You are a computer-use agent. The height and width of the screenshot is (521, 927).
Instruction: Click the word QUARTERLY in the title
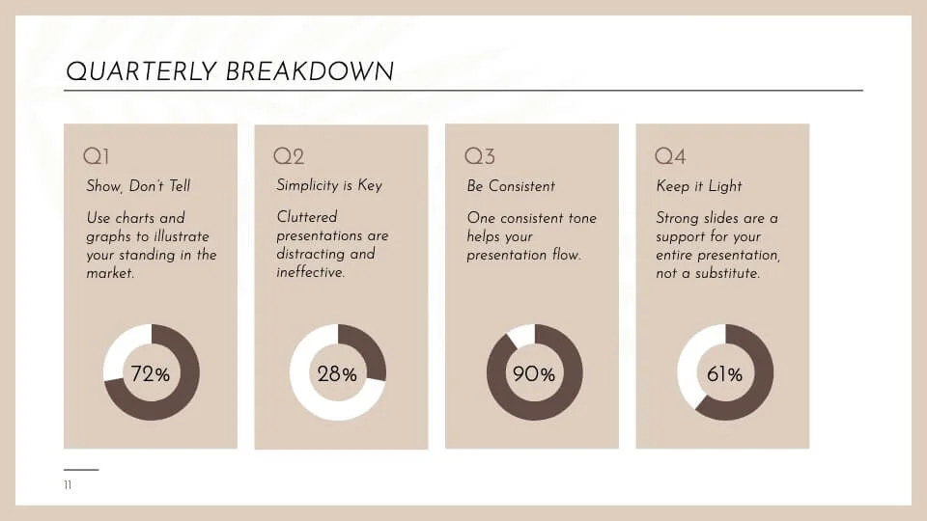[x=141, y=71]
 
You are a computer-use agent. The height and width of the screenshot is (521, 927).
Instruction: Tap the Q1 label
[x=97, y=156]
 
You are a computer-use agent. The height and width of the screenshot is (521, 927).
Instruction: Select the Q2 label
[x=289, y=156]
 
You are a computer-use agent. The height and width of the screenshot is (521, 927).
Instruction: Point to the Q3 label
[x=480, y=156]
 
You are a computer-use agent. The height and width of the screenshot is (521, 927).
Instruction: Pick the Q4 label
[x=670, y=156]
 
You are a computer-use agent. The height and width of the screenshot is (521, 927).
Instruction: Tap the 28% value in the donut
[x=337, y=374]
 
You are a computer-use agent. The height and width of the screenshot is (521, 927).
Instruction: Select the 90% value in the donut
[x=534, y=374]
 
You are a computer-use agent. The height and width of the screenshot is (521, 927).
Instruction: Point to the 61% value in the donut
[x=724, y=374]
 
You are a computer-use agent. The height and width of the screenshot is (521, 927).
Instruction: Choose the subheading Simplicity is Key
[x=329, y=185]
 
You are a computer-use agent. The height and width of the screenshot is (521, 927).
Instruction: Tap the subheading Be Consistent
[x=511, y=185]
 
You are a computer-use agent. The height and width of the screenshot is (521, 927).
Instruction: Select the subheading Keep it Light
[x=699, y=185]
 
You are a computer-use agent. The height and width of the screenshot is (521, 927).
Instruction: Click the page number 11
[x=68, y=485]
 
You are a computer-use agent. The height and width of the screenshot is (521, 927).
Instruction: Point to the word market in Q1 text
[x=107, y=273]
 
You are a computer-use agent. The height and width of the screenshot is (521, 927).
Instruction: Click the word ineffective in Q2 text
[x=309, y=273]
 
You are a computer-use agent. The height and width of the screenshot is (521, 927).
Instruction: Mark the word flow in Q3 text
[x=564, y=255]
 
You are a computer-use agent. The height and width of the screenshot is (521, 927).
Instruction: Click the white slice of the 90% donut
[x=519, y=334]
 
